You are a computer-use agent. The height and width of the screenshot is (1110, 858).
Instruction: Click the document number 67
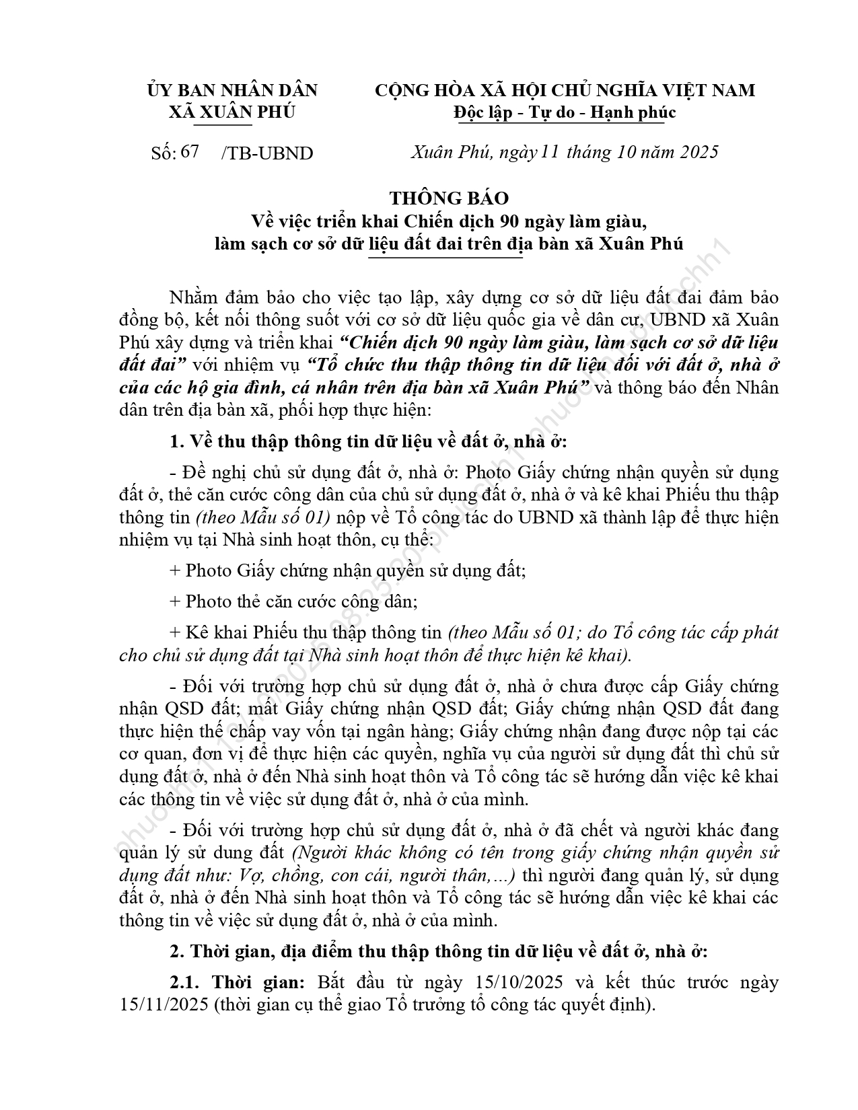190,152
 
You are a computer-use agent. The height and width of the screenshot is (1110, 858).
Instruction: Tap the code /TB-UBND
266,153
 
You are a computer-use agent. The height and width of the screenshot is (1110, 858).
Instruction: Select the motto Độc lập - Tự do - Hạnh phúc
565,112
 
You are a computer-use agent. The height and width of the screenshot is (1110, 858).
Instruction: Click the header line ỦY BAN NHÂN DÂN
232,90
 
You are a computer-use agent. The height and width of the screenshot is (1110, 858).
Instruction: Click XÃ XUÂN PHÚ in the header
232,112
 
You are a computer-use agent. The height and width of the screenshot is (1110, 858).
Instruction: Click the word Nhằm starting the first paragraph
194,298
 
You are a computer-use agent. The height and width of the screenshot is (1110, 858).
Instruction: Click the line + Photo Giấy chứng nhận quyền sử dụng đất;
347,570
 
